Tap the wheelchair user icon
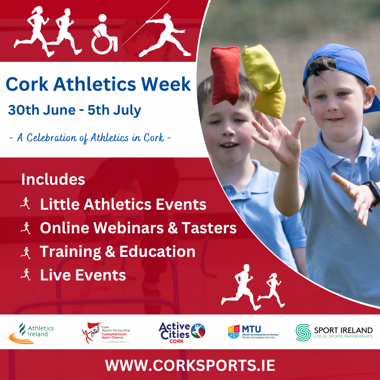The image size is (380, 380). (104, 34)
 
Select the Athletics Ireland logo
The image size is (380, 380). (32, 332)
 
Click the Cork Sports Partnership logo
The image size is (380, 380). (106, 332)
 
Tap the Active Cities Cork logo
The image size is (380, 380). (182, 332)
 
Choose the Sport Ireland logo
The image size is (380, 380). (334, 332)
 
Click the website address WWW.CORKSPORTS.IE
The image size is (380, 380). (190, 365)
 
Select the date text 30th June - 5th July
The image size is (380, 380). (75, 110)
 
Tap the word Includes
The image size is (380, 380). (53, 179)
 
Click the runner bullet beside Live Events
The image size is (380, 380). (25, 274)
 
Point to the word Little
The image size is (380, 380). (57, 204)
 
